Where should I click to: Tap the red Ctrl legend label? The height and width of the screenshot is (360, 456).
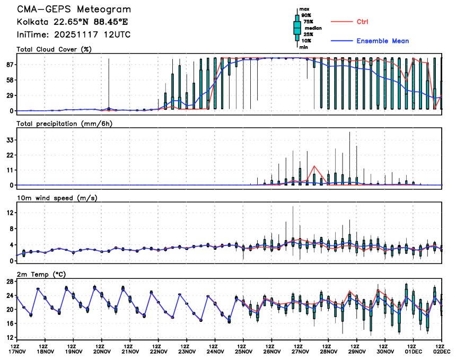coord(362,22)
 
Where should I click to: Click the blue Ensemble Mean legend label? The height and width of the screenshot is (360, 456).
coord(382,41)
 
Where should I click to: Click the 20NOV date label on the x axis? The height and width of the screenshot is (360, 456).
coord(102,351)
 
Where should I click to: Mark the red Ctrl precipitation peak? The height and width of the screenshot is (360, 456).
coord(314,166)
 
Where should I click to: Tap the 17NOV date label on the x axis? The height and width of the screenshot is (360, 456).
coord(16,351)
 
